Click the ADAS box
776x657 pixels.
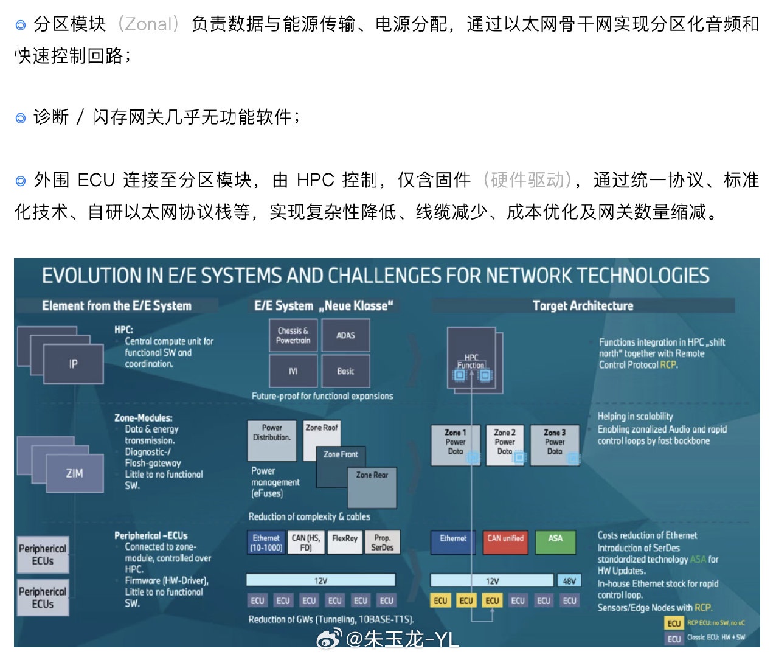point(345,335)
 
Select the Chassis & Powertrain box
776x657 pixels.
point(293,335)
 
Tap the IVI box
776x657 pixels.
point(293,371)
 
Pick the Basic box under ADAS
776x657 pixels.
point(345,371)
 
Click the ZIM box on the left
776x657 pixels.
point(74,473)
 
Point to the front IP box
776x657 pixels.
point(73,364)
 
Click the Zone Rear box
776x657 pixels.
point(372,487)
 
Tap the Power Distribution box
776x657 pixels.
point(272,440)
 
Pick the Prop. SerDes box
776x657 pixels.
point(382,543)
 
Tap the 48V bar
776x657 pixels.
point(569,581)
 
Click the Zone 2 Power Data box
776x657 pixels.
point(505,445)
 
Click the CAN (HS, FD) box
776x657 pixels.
point(306,543)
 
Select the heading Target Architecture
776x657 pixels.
point(583,305)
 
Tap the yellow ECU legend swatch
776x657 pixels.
point(674,624)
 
